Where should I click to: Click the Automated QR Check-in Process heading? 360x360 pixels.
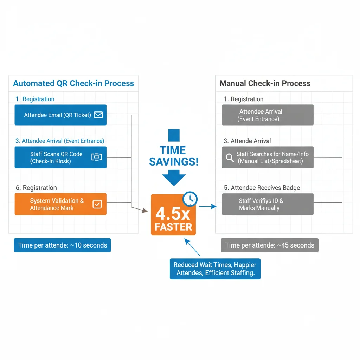click(x=73, y=84)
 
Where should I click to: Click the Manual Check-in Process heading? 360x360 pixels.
click(x=265, y=84)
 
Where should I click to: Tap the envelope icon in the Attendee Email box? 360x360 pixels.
click(x=98, y=115)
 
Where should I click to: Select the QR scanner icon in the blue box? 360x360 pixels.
click(x=96, y=157)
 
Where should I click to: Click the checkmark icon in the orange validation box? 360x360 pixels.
click(x=97, y=204)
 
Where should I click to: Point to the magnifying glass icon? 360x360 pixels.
click(x=230, y=157)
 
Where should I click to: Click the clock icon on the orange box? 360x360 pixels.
click(x=190, y=199)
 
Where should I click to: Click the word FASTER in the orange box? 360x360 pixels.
click(x=173, y=227)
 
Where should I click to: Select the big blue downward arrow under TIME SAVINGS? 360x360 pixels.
click(x=174, y=178)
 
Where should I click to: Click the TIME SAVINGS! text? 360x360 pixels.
click(x=174, y=156)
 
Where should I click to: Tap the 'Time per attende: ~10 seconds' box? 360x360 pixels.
click(x=62, y=245)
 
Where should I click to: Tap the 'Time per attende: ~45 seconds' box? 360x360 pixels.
click(x=270, y=245)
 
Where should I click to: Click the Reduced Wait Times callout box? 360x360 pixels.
click(x=215, y=269)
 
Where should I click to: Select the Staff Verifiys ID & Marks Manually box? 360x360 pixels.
click(x=268, y=204)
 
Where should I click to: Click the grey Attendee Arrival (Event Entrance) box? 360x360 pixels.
click(x=268, y=115)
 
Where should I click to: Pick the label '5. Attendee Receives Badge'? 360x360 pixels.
click(x=262, y=188)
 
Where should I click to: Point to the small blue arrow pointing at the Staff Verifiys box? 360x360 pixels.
click(x=208, y=207)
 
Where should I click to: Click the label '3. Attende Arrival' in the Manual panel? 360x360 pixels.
click(x=247, y=141)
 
